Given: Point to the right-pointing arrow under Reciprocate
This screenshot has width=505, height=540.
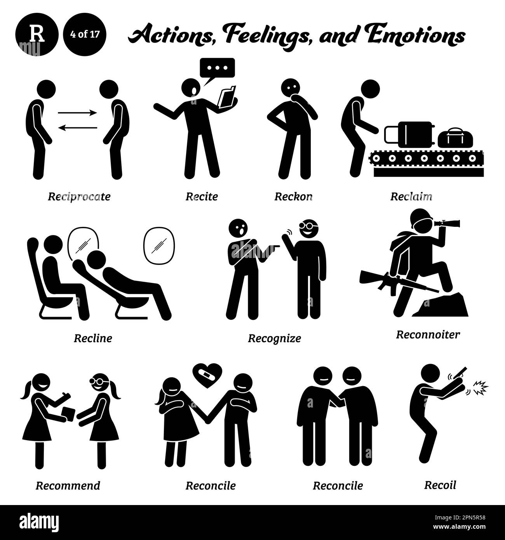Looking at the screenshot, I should click(x=77, y=113).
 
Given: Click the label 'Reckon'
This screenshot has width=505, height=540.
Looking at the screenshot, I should click(x=293, y=197).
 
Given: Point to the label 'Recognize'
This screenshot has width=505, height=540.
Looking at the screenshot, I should click(x=274, y=338).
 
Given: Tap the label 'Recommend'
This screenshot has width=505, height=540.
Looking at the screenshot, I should click(x=68, y=486).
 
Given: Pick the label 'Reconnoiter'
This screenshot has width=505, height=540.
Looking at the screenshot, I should click(x=428, y=334).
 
